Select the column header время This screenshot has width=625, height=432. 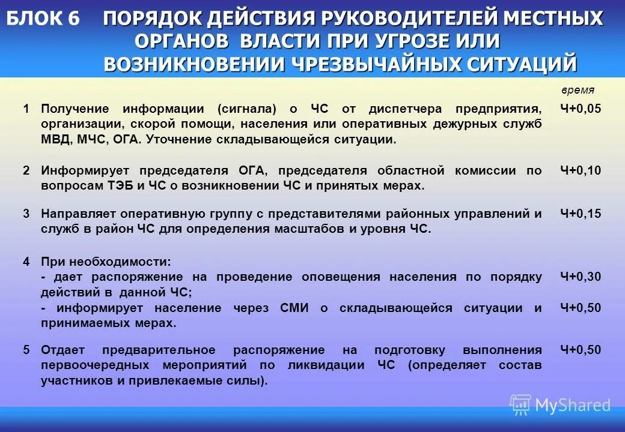[578, 90]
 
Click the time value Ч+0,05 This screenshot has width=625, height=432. [581, 109]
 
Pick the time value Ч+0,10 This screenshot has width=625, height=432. [581, 170]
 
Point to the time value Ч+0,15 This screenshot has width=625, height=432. [581, 214]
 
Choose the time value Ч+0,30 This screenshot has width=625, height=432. [581, 277]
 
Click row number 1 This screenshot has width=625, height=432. [26, 109]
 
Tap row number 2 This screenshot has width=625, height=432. [26, 170]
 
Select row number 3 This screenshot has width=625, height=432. [26, 214]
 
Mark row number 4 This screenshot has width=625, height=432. [26, 262]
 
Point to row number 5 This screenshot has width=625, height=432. [26, 350]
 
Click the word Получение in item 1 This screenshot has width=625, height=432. [75, 109]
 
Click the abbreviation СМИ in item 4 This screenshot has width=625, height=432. [294, 308]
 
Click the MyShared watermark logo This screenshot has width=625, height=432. [560, 405]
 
